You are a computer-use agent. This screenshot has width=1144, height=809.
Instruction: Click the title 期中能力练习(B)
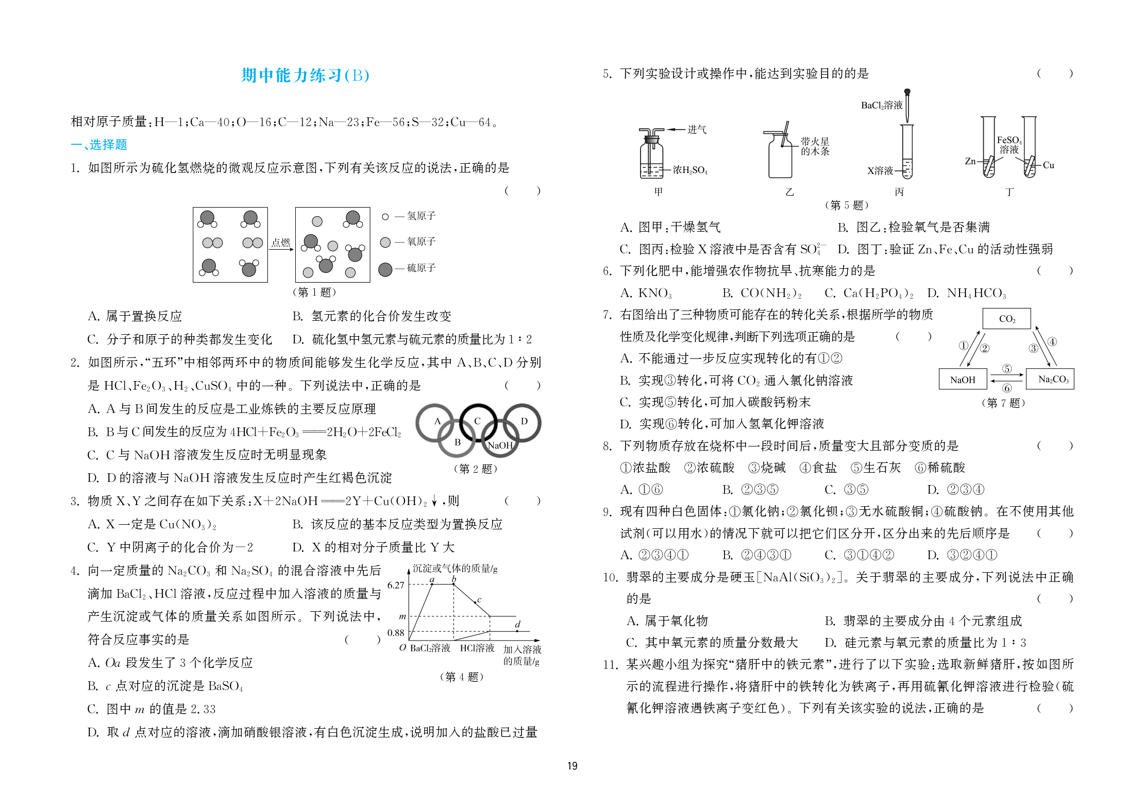[305, 76]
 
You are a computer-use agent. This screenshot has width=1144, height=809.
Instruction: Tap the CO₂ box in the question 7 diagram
[1006, 319]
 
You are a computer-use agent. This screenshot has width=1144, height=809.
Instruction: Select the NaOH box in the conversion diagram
[963, 380]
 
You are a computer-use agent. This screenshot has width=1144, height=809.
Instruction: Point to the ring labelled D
[523, 422]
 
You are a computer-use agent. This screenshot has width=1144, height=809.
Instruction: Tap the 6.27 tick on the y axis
[396, 585]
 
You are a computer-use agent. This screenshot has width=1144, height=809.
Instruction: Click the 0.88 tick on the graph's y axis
[396, 632]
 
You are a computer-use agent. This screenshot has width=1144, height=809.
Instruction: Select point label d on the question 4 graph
[517, 624]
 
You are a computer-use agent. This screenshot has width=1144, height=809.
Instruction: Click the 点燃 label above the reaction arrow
[281, 242]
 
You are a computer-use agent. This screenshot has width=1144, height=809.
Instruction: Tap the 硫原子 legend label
[421, 268]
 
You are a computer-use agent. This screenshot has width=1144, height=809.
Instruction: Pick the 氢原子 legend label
[421, 216]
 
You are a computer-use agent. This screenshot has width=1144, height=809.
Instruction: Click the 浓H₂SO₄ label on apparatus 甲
[690, 170]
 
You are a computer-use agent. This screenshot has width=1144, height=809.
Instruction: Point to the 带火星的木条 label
[815, 146]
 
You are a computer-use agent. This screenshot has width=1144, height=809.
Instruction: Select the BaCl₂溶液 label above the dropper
[882, 106]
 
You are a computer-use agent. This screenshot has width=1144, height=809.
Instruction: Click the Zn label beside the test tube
[970, 161]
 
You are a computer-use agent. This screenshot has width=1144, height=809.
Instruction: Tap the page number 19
[572, 766]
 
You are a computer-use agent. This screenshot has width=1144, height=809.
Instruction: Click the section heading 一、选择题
[99, 145]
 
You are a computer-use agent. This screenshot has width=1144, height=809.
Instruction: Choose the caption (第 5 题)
[847, 205]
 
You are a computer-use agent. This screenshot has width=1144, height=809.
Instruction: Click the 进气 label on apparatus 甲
[697, 129]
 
